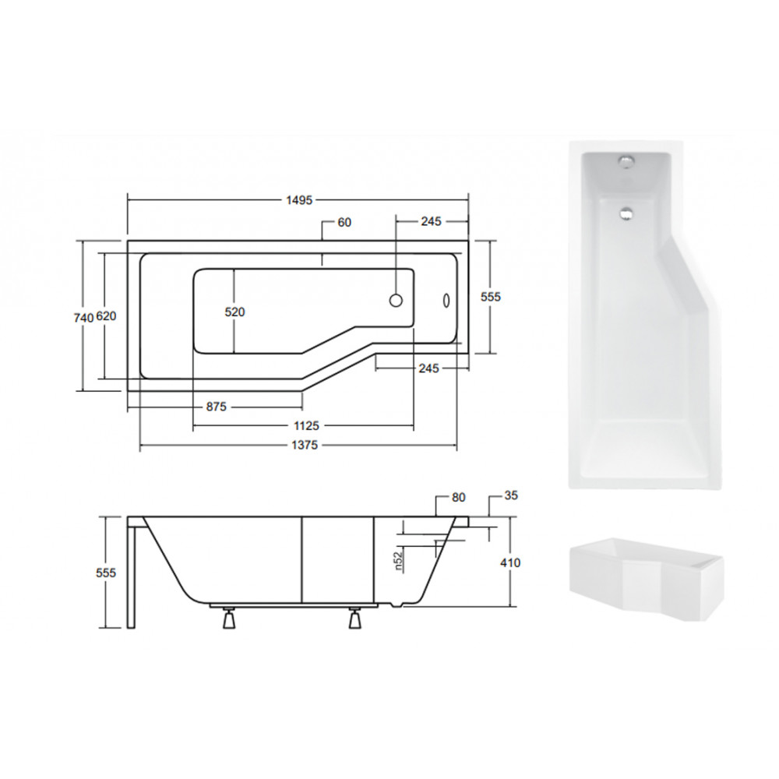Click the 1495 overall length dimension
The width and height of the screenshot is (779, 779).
coord(299,200)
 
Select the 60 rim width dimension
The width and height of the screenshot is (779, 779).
coord(344,223)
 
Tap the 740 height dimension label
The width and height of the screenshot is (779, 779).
coord(83,318)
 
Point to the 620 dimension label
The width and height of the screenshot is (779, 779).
coord(106,316)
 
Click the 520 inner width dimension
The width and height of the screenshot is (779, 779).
coord(235,312)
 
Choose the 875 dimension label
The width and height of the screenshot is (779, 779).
coord(216,407)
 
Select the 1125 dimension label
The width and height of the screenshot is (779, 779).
coord(306,426)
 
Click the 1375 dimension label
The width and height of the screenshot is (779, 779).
coord(304,445)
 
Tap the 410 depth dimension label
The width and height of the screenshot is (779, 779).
coord(510,563)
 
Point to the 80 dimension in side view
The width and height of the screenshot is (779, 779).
coord(459,497)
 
